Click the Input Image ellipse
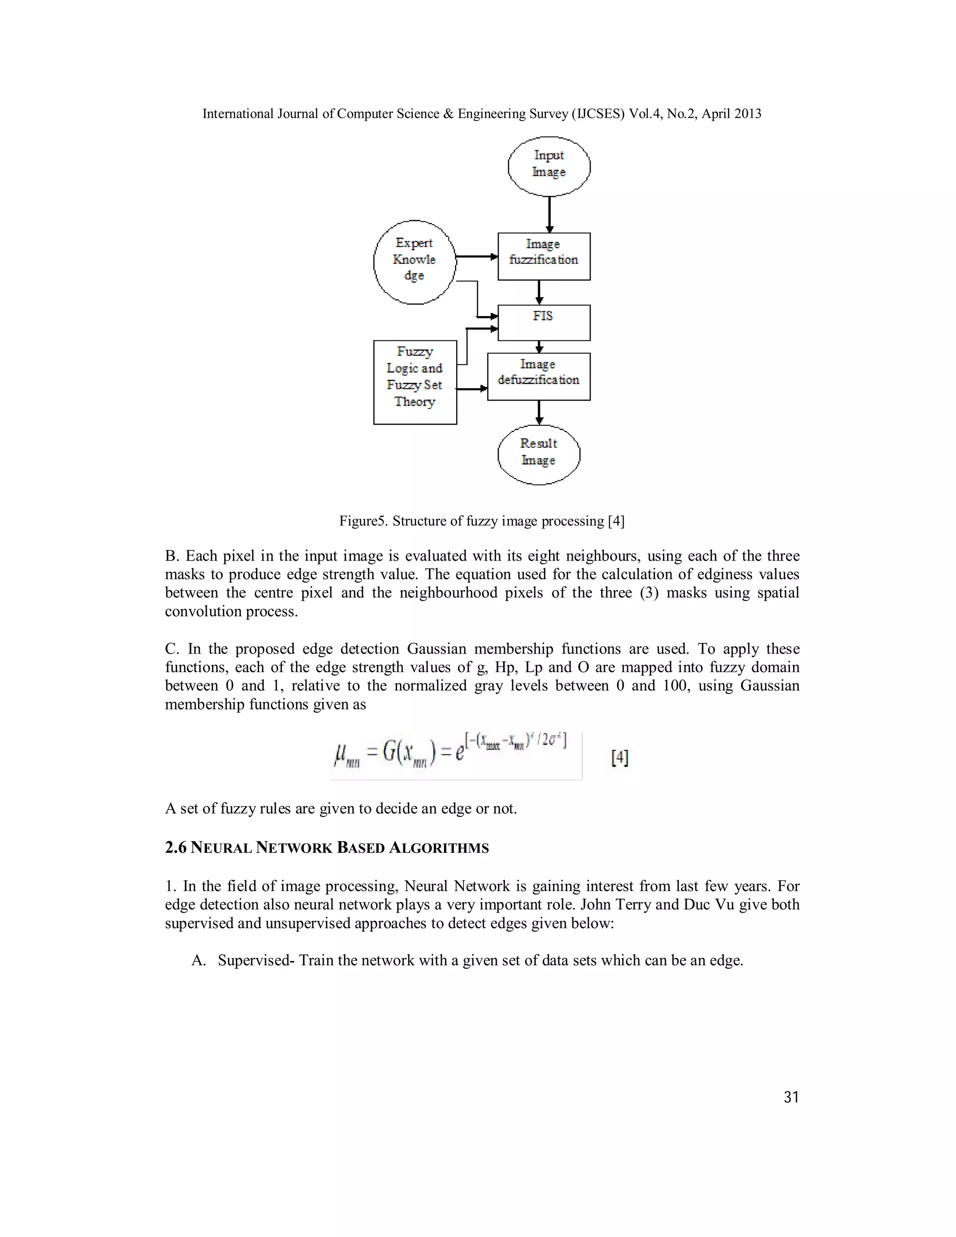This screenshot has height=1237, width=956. click(x=549, y=167)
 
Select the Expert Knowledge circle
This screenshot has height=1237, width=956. click(x=415, y=262)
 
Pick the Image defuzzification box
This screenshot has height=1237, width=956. click(x=539, y=377)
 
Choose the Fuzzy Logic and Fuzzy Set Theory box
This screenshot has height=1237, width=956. click(x=415, y=382)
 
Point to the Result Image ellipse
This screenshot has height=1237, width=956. click(x=539, y=454)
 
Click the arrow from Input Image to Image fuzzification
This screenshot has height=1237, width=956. click(x=549, y=214)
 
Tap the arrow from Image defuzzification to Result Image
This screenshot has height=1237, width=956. click(x=539, y=412)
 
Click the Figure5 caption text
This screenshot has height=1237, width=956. click(x=481, y=521)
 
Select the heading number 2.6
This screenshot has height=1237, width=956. click(x=175, y=848)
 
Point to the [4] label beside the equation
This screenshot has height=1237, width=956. click(x=619, y=757)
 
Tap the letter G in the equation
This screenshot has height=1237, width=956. click(x=391, y=752)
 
